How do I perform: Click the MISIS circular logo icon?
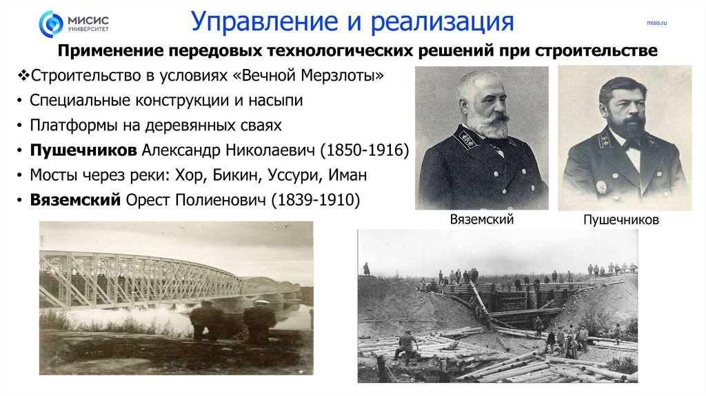click(x=50, y=23)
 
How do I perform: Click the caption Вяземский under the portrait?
click(x=482, y=219)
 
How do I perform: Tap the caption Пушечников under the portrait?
click(x=621, y=220)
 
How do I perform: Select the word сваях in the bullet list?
click(x=262, y=125)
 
